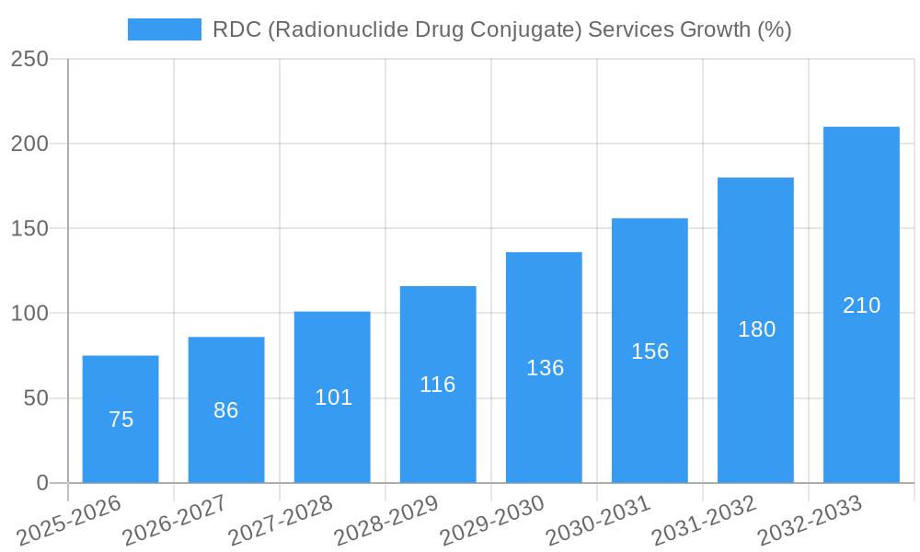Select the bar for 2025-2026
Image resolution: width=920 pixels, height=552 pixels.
pos(121,419)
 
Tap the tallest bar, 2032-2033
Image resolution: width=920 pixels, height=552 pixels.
pos(861,305)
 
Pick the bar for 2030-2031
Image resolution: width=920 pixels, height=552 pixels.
pos(650,351)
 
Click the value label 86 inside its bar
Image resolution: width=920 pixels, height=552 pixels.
pos(226,410)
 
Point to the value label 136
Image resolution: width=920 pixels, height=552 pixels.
pos(545,368)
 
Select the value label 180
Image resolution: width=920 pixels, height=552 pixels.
pos(756,329)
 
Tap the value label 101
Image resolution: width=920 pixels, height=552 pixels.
pos(333,397)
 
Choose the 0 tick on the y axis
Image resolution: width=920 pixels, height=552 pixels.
pos(42,483)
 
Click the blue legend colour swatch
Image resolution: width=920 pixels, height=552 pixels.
pos(165,29)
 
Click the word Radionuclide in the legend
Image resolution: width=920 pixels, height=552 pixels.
pos(345,29)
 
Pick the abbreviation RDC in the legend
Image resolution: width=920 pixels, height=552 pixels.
pos(236,29)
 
